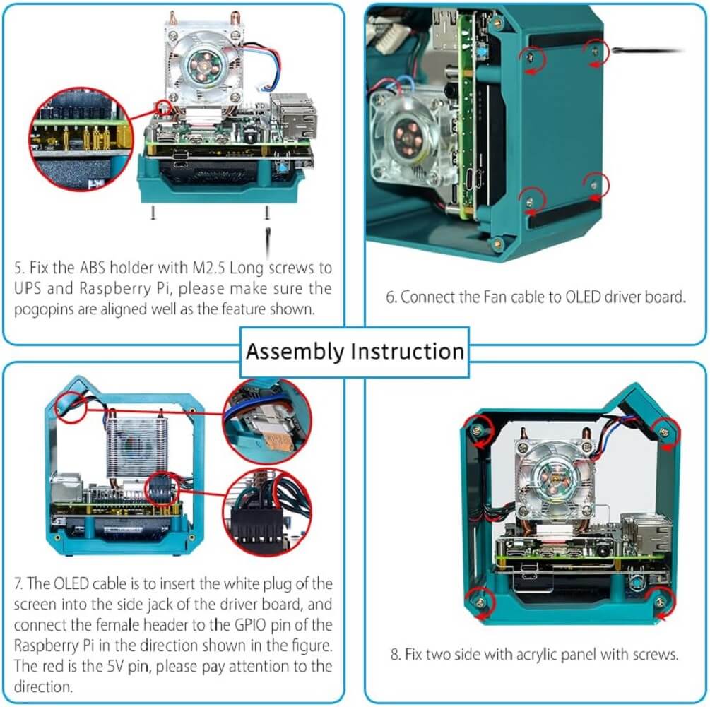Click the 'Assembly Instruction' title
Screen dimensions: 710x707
pyautogui.click(x=355, y=352)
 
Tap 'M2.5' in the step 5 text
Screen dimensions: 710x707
pyautogui.click(x=208, y=268)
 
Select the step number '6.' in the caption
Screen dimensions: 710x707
pyautogui.click(x=391, y=297)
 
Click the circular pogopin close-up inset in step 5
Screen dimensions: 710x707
pyautogui.click(x=81, y=139)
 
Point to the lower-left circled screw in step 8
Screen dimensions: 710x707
pyautogui.click(x=480, y=602)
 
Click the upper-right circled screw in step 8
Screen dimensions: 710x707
pyautogui.click(x=664, y=433)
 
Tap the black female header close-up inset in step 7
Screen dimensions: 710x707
pyautogui.click(x=267, y=513)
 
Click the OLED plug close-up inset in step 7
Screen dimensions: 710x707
pyautogui.click(x=267, y=421)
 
